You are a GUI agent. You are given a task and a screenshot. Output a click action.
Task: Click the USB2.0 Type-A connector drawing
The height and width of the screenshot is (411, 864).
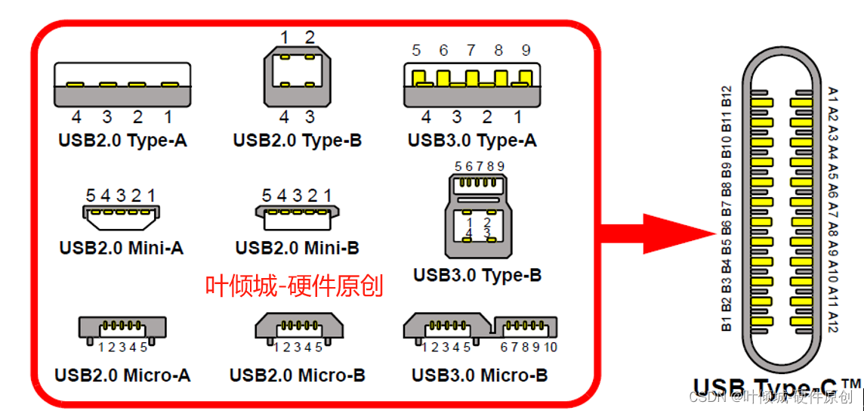click(122, 85)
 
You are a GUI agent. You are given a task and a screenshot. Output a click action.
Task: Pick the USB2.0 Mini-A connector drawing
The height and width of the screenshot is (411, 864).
click(121, 218)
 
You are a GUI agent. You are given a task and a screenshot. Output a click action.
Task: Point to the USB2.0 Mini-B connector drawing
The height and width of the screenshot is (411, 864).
click(297, 218)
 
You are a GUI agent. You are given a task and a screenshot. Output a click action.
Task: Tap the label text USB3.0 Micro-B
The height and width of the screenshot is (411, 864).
click(480, 375)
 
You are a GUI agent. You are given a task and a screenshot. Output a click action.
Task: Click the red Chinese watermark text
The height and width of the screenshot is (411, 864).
click(295, 286)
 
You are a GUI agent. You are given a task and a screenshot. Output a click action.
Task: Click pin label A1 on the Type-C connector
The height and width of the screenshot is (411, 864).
click(833, 95)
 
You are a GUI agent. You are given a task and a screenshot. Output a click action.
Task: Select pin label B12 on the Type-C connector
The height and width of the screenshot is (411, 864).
click(727, 95)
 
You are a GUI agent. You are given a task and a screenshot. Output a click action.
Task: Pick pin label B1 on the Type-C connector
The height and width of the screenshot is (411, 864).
click(727, 324)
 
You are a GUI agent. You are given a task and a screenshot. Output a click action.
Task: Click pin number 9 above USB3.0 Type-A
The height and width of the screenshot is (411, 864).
click(526, 51)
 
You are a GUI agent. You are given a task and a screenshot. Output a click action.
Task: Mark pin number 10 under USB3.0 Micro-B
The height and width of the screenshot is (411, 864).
click(550, 348)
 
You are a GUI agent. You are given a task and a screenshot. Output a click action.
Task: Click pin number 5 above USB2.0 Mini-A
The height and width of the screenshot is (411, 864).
click(91, 196)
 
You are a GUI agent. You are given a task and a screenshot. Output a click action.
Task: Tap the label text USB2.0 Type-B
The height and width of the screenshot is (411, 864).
click(298, 141)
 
